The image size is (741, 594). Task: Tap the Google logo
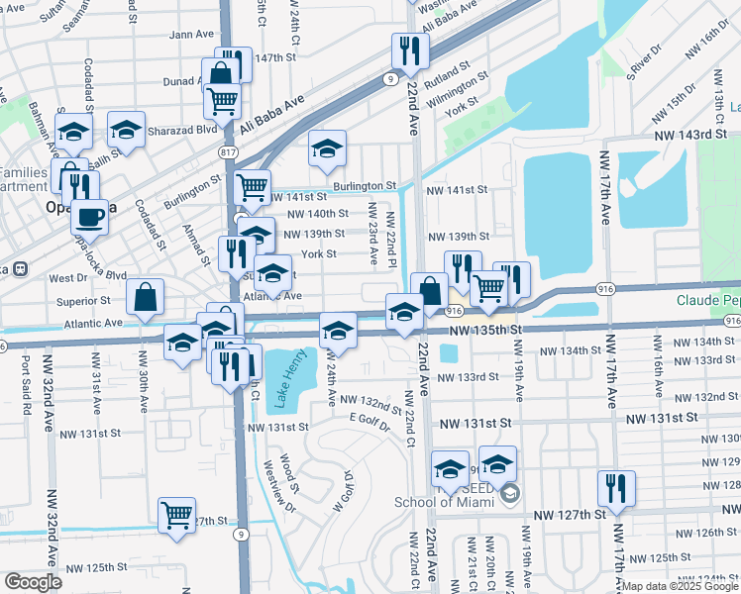[33, 582]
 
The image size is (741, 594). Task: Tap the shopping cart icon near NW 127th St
[176, 513]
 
